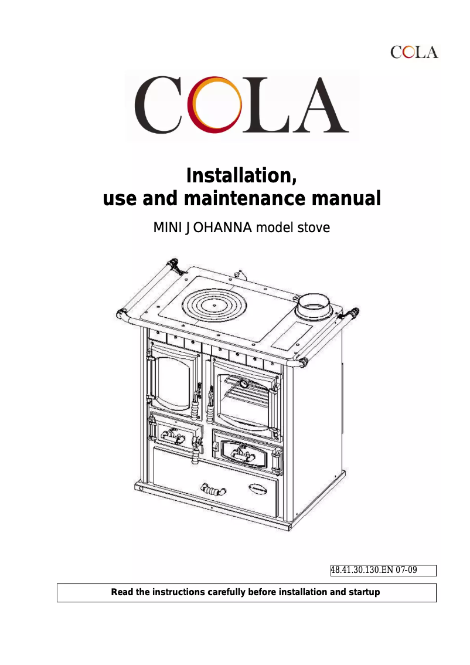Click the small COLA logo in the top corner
[414, 52]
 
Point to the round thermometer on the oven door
[242, 383]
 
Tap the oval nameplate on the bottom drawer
[260, 486]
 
